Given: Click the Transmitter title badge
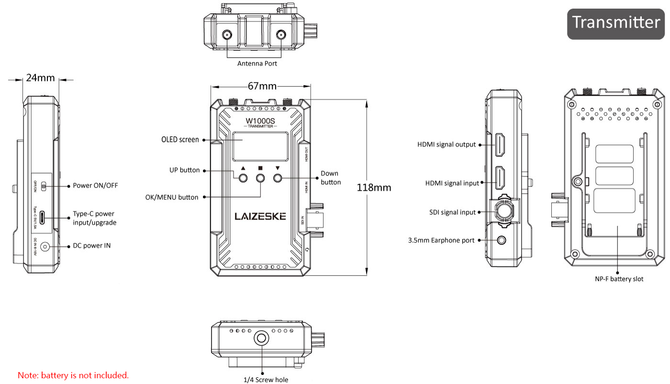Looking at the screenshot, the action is point(615,24).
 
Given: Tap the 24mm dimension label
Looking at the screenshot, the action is point(40,77).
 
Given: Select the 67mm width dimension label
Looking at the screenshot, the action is point(262,86).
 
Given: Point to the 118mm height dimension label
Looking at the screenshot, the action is point(374,187).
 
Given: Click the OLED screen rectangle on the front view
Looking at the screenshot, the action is point(260,146).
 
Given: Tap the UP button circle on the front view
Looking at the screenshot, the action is point(243,178).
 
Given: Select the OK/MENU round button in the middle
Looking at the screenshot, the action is point(260,178).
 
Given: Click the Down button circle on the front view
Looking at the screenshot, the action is point(278,178).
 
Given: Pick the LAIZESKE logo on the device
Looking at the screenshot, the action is point(260,216).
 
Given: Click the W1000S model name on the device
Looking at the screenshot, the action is point(260,121).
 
